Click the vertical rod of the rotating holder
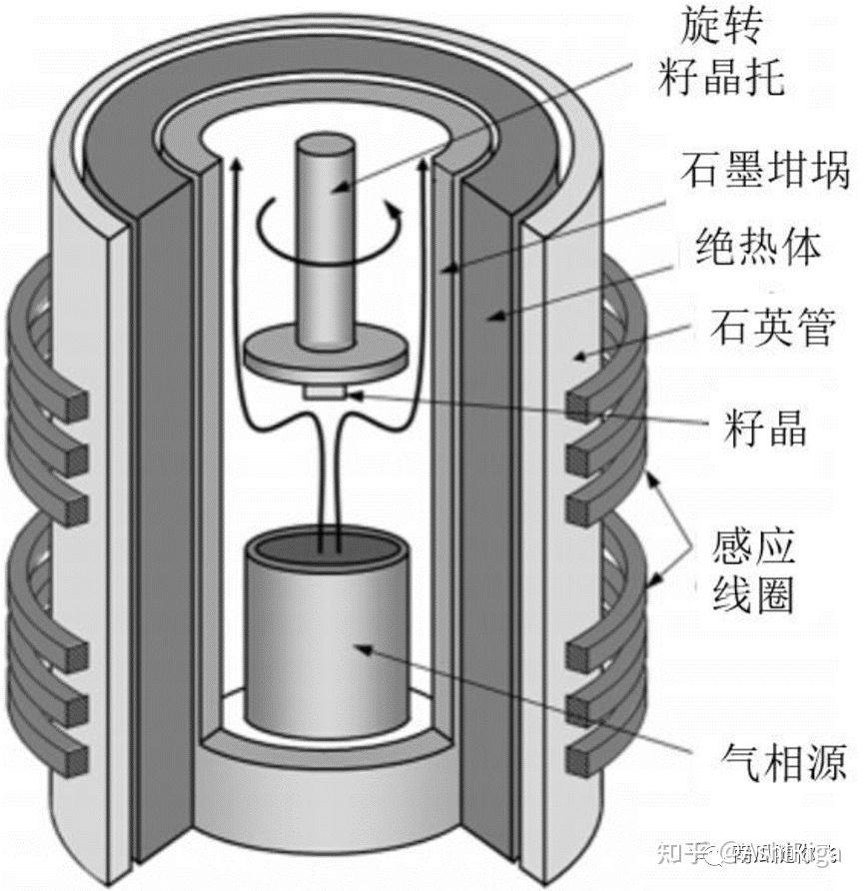click(325, 240)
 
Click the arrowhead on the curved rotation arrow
click(397, 209)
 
